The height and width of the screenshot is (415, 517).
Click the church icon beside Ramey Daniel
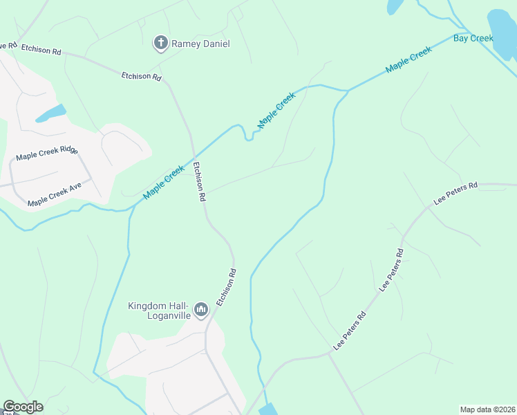160,44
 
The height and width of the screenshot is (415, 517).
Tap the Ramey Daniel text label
201,44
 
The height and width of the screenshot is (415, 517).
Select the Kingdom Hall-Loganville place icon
201,308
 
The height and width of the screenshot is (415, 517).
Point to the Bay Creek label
473,38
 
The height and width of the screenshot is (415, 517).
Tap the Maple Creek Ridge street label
47,154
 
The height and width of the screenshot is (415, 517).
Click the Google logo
23,407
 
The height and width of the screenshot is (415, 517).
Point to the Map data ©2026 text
487,409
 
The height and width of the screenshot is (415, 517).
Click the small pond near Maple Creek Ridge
50,113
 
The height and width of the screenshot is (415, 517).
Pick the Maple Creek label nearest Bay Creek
408,59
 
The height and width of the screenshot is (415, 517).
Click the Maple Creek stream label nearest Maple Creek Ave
164,183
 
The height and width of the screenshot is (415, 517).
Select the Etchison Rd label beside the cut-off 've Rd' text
41,50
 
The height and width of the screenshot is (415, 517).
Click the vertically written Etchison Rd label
199,181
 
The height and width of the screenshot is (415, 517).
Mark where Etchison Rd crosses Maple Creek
194,157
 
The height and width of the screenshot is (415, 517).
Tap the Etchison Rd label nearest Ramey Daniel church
141,76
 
